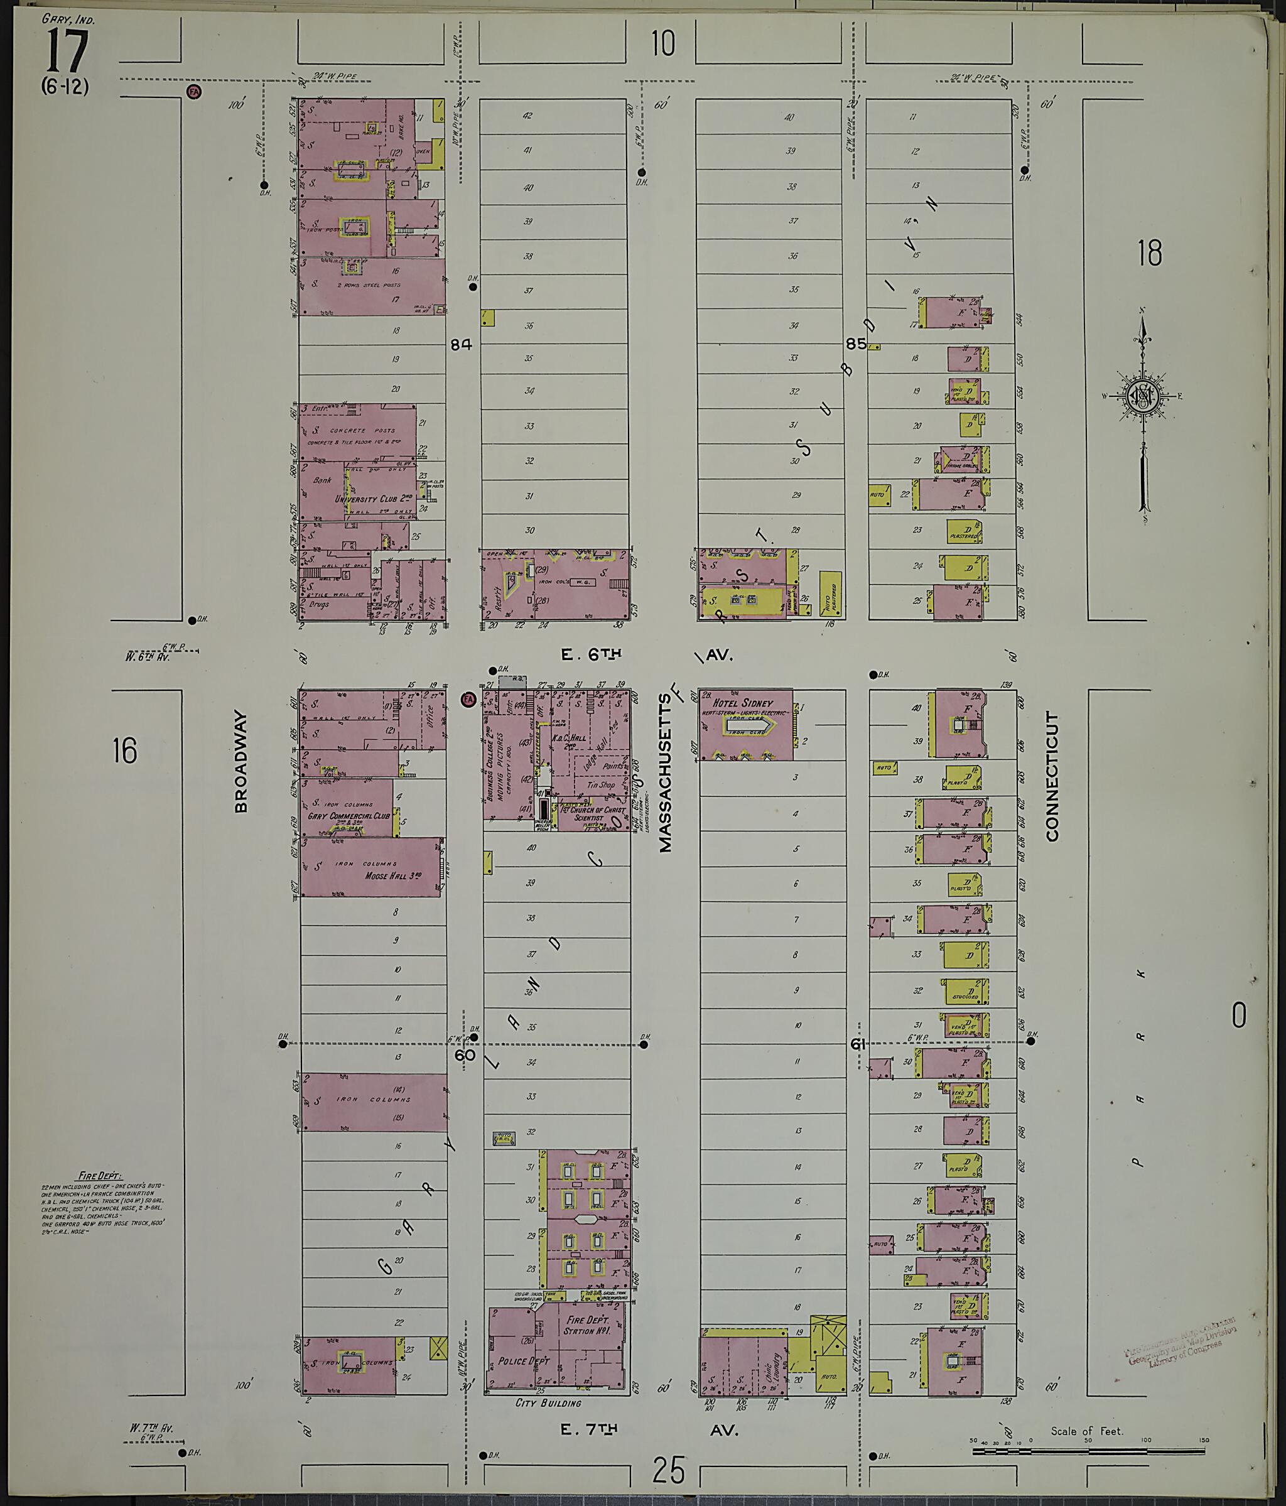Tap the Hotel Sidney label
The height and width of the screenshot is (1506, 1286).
(x=743, y=703)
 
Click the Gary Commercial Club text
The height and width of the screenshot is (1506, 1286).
(x=348, y=816)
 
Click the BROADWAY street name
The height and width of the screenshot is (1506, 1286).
(x=242, y=761)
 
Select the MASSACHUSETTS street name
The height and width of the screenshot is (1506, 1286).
(x=666, y=772)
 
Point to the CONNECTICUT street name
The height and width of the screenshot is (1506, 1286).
(x=1051, y=776)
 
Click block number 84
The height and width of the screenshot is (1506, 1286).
(x=461, y=345)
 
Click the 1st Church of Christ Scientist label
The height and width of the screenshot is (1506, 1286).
(x=593, y=813)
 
